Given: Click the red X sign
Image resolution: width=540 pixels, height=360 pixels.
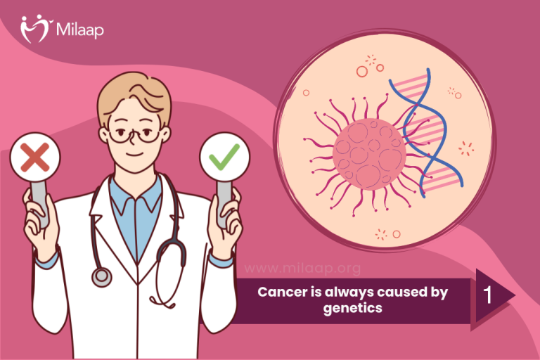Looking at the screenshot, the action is coord(34,157).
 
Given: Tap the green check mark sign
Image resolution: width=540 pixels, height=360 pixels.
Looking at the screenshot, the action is coord(224,157).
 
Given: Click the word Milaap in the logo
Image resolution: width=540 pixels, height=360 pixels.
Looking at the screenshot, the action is coord(79,30).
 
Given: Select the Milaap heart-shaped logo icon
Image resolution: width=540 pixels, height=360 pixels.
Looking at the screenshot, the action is coord(35,28).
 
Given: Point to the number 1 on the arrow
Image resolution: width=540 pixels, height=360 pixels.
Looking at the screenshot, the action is coord(487,295).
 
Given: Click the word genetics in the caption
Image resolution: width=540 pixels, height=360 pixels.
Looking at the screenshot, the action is coord(353,308).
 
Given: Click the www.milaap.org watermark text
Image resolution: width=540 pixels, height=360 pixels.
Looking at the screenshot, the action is coord(302,268).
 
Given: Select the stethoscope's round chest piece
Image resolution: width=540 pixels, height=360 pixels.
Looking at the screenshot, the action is coord(101,276).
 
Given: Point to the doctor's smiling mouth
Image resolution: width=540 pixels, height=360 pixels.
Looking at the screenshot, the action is coord(135,154).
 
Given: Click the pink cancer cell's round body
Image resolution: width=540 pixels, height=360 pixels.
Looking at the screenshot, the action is coord(369,154).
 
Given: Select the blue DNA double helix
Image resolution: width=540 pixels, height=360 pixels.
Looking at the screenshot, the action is coord(426,133).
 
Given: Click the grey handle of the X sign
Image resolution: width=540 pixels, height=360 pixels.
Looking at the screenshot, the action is coord(40,204).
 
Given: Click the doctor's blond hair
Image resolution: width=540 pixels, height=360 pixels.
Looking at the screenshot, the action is coord(134,95).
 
